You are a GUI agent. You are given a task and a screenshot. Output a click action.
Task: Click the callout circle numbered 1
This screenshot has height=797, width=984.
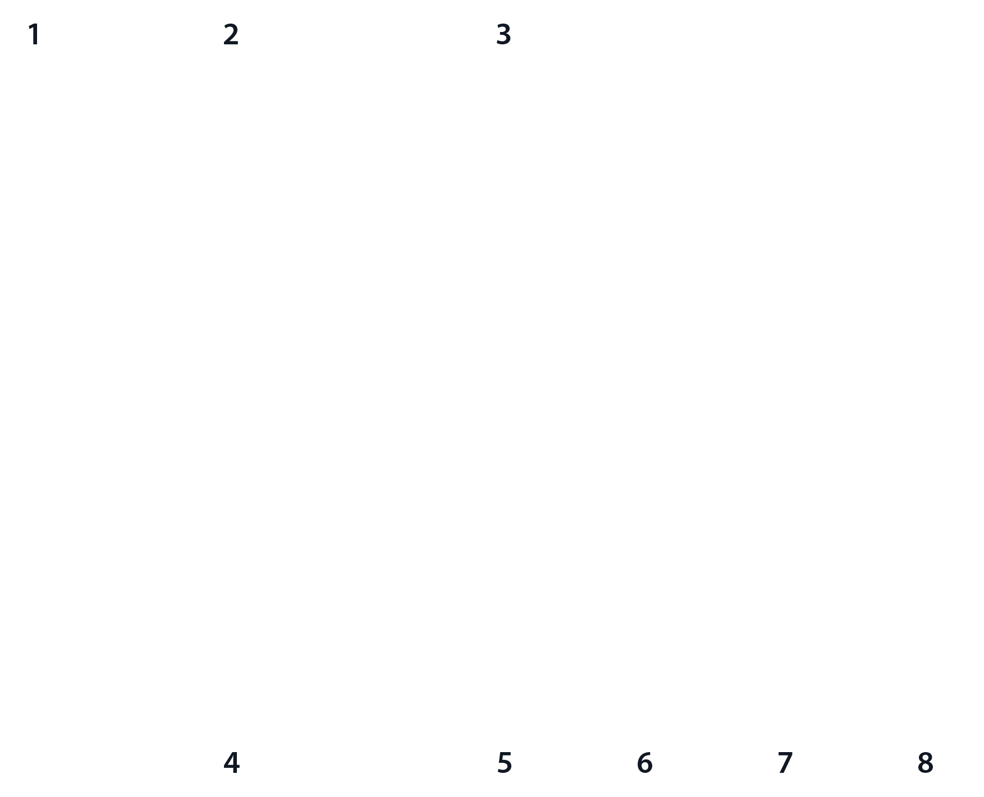click(x=34, y=35)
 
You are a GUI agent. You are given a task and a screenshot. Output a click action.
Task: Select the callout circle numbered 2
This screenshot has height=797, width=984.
click(x=231, y=35)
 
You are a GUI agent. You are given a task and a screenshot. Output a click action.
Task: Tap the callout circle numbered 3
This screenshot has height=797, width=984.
click(x=504, y=35)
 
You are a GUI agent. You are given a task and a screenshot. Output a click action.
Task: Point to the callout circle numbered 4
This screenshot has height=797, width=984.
click(x=231, y=763)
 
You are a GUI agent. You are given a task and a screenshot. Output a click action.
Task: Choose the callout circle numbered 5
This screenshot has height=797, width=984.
click(x=504, y=763)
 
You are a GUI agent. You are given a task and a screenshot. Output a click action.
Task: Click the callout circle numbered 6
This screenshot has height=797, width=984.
click(x=644, y=763)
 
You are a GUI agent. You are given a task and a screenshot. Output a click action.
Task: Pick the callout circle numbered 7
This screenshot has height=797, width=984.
click(x=784, y=763)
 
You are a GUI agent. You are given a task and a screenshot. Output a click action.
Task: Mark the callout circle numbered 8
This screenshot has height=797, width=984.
click(x=924, y=763)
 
